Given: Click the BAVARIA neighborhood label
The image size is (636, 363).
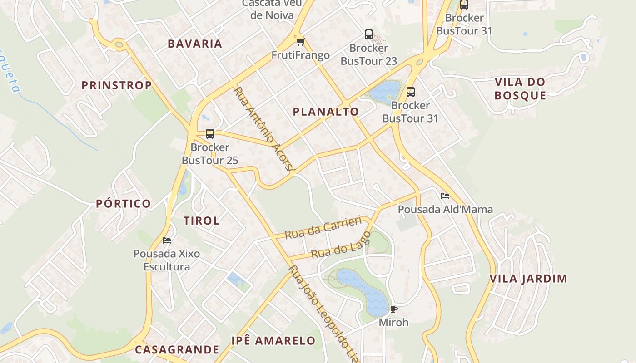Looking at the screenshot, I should [195, 44].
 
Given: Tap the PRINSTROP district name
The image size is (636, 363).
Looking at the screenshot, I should [116, 85].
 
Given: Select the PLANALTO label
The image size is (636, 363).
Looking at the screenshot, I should [326, 112].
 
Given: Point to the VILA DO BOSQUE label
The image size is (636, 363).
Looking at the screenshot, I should [520, 89].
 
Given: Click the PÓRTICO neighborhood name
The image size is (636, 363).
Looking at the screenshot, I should [123, 204].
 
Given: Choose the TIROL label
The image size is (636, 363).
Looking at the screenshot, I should [201, 221].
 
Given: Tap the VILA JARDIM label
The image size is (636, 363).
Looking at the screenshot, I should [528, 279].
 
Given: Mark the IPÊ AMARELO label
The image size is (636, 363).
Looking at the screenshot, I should [273, 341].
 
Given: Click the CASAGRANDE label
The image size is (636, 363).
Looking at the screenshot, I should [177, 350].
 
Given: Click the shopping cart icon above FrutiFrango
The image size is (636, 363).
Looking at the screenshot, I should [300, 42].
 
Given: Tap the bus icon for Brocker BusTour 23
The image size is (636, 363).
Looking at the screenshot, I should [368, 34].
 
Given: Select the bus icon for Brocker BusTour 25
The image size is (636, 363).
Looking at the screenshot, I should [209, 134].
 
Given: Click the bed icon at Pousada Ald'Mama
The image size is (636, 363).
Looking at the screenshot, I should [445, 196].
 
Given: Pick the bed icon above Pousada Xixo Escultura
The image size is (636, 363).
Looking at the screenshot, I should [167, 240].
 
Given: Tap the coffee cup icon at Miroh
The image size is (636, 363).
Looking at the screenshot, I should [394, 309].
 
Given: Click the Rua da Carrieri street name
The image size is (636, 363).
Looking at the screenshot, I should [323, 227].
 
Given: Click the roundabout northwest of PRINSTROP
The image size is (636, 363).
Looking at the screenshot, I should [119, 44].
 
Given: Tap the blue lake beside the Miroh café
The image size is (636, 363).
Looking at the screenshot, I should [363, 290].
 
